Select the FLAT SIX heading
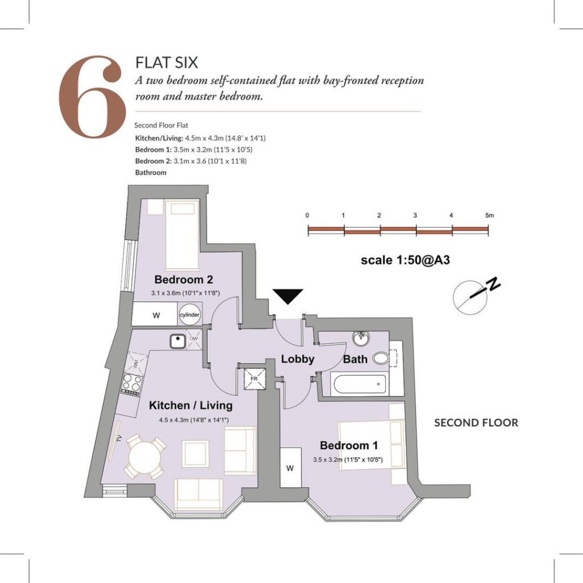[167, 63]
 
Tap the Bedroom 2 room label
[184, 279]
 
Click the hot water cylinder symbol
[190, 314]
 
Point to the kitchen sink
[178, 341]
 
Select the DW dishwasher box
[194, 339]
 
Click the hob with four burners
[132, 384]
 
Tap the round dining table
[145, 456]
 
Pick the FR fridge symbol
[254, 379]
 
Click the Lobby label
[297, 359]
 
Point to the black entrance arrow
[288, 296]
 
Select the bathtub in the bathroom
[359, 384]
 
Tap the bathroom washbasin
[361, 338]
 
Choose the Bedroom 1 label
[349, 445]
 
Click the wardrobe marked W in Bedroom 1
[290, 468]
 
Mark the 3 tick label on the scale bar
[415, 215]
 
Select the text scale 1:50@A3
[405, 260]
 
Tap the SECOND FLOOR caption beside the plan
[476, 423]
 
